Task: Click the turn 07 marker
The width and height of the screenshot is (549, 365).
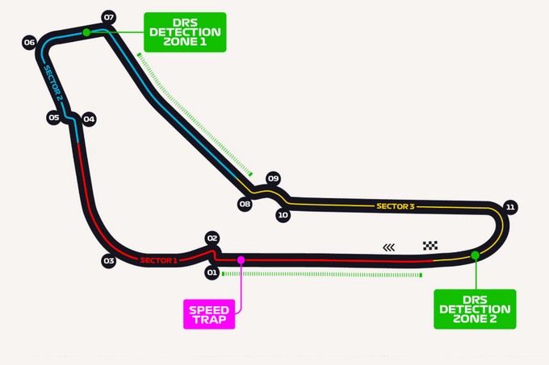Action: (x=109, y=17)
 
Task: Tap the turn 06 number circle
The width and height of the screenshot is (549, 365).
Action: (x=29, y=42)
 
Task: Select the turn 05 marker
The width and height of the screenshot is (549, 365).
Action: (x=54, y=118)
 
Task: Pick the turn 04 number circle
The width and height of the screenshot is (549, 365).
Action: (x=89, y=119)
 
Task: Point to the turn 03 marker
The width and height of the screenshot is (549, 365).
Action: (x=108, y=260)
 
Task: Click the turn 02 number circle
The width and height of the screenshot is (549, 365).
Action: (x=212, y=238)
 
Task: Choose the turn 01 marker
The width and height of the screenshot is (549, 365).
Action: (x=212, y=272)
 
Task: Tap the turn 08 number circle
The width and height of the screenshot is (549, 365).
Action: (x=245, y=204)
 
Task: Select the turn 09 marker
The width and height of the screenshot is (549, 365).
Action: (x=273, y=179)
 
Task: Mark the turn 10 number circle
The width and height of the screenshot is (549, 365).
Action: (x=283, y=215)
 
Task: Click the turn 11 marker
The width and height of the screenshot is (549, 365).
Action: (x=510, y=207)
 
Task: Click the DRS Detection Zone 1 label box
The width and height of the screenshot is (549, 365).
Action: (x=185, y=32)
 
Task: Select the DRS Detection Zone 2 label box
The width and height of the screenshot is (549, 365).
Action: (x=475, y=309)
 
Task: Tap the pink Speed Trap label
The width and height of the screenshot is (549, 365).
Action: (x=209, y=314)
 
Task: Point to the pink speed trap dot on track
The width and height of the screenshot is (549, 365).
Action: (x=241, y=260)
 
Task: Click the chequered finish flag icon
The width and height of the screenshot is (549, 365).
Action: (x=430, y=246)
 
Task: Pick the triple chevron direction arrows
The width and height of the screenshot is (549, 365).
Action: (x=388, y=247)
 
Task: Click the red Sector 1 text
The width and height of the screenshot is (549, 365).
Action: (x=158, y=260)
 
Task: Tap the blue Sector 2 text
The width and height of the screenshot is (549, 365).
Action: (x=53, y=83)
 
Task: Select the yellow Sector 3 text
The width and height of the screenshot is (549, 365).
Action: (x=396, y=206)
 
